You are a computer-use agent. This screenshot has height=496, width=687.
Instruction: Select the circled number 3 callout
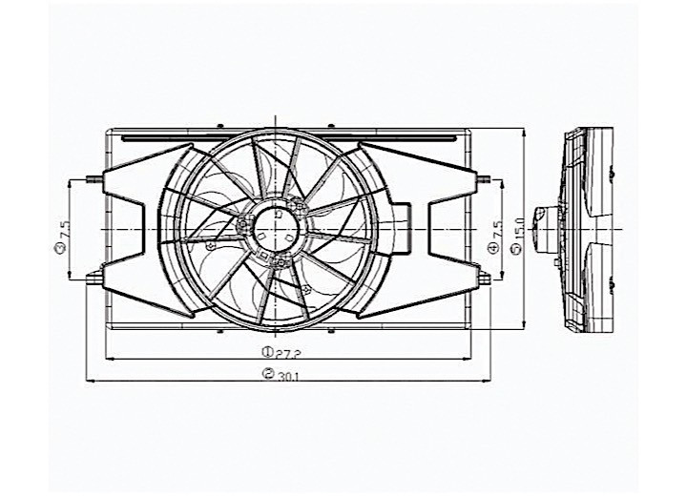coord(60,250)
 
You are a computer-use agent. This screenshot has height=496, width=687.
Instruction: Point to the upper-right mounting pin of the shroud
coord(485,178)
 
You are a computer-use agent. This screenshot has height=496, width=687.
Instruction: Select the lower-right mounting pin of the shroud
coord(485,279)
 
